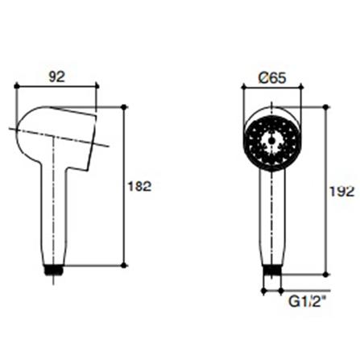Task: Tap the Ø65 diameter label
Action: [x=273, y=78]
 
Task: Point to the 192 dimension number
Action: [x=341, y=192]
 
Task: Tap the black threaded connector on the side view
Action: [x=53, y=268]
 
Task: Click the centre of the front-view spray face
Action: [x=273, y=138]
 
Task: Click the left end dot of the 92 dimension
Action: [x=17, y=86]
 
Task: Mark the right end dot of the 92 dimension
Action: [x=97, y=86]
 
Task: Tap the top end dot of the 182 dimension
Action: [x=126, y=106]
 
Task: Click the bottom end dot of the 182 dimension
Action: [x=126, y=265]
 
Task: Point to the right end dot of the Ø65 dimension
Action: [x=301, y=86]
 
